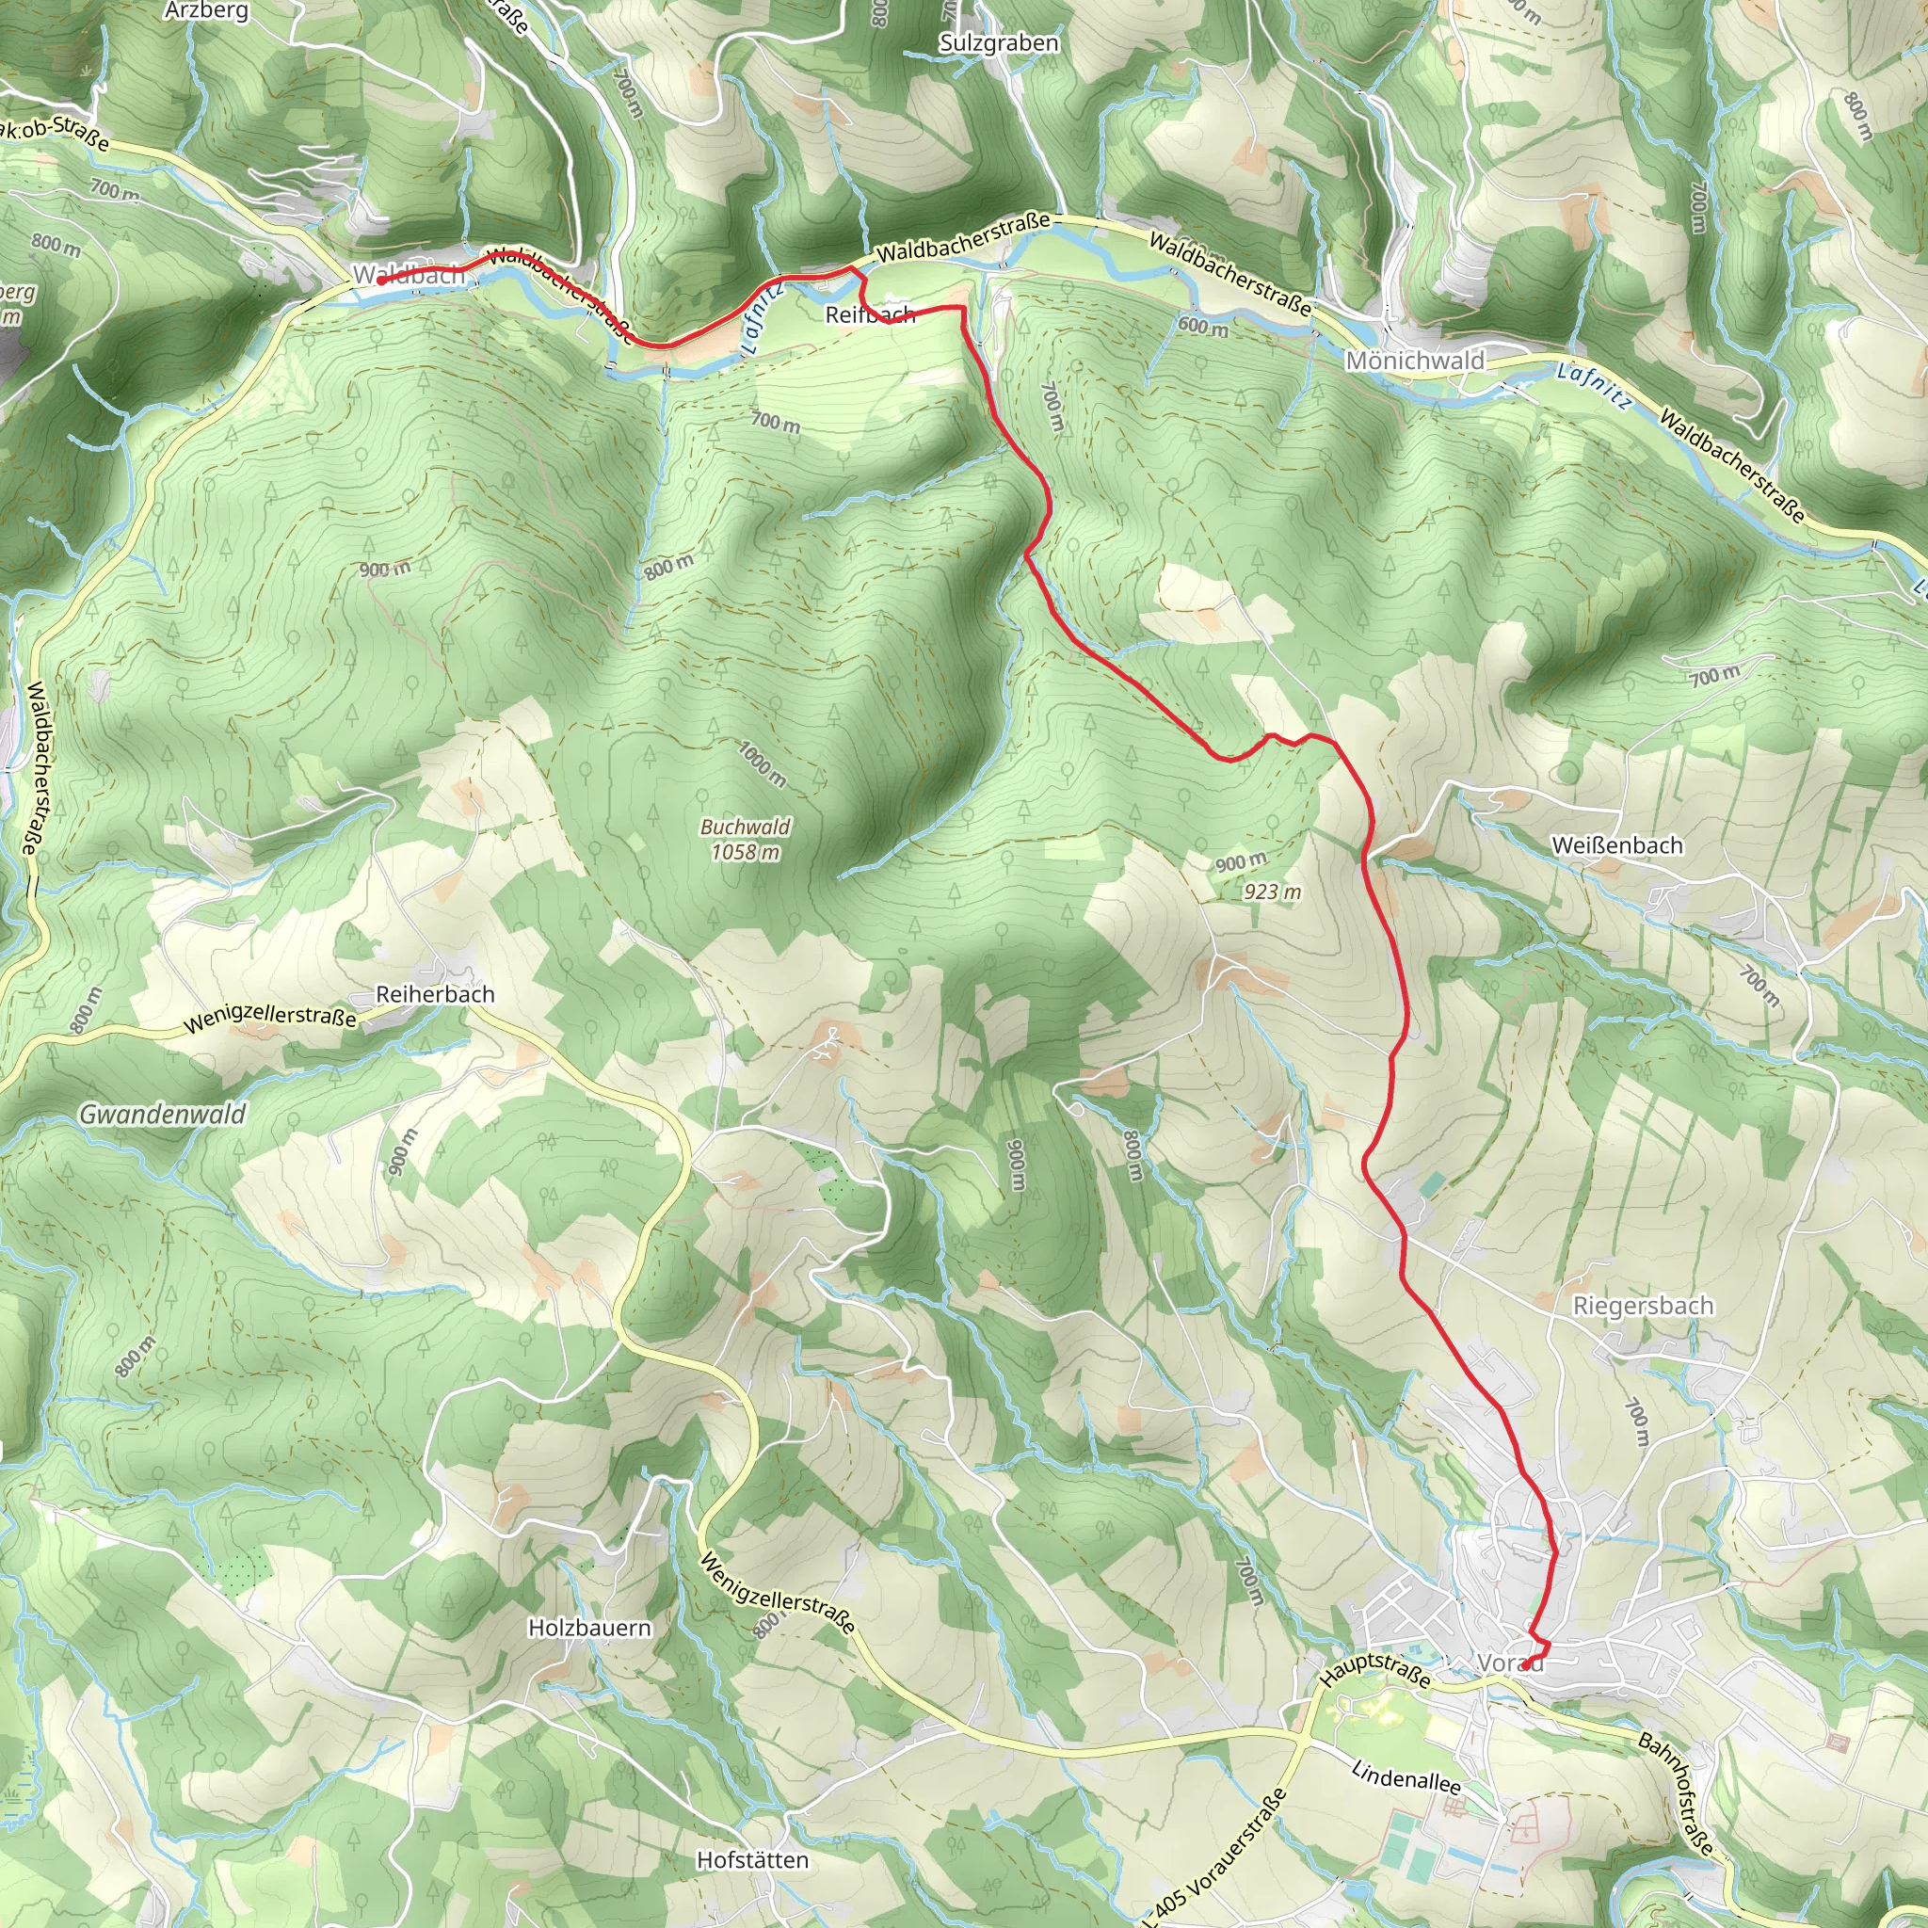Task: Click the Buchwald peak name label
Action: point(745,827)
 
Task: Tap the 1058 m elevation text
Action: point(745,852)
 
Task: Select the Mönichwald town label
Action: point(1415,361)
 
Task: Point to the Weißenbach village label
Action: point(1616,845)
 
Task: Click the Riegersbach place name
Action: point(1643,1306)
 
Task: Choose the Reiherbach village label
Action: point(435,994)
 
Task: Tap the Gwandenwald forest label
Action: point(162,1114)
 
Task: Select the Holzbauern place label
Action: point(589,1628)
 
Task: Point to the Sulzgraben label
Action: point(999,43)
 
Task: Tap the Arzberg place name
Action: point(206,11)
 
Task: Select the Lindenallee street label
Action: point(1406,1777)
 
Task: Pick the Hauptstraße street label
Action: point(1375,1669)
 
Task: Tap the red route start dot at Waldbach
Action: point(381,281)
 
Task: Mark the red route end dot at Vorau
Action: point(1526,1664)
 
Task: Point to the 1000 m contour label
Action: point(763,763)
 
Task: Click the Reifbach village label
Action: point(869,314)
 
